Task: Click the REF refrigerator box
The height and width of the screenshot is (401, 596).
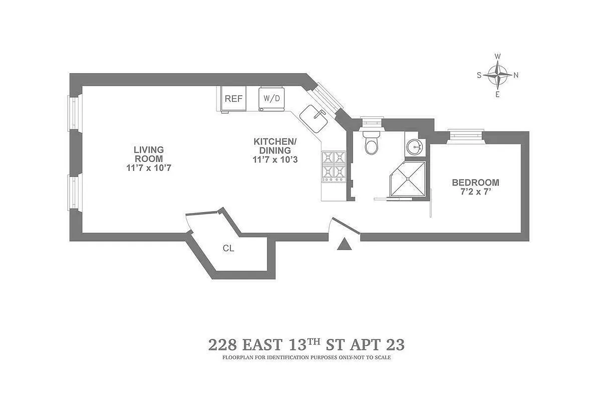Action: (x=233, y=99)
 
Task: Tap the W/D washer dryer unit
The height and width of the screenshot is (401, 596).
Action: (x=271, y=98)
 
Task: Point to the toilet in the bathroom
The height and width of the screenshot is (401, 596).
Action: (x=372, y=142)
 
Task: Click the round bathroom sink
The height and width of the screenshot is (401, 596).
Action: (x=414, y=146)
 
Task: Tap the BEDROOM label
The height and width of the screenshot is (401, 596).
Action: (x=475, y=182)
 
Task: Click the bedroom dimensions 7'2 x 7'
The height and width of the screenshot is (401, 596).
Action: (x=475, y=192)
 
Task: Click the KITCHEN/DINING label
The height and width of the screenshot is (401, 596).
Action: (x=275, y=145)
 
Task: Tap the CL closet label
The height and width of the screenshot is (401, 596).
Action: (x=228, y=248)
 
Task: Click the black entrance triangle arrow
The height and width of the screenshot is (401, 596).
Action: (x=345, y=244)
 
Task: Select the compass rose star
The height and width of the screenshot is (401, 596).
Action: (x=497, y=75)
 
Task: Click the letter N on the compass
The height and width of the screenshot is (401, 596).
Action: (x=516, y=76)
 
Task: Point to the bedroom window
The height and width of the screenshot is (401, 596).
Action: (x=466, y=135)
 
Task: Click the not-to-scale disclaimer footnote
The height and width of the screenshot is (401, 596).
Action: (x=306, y=358)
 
